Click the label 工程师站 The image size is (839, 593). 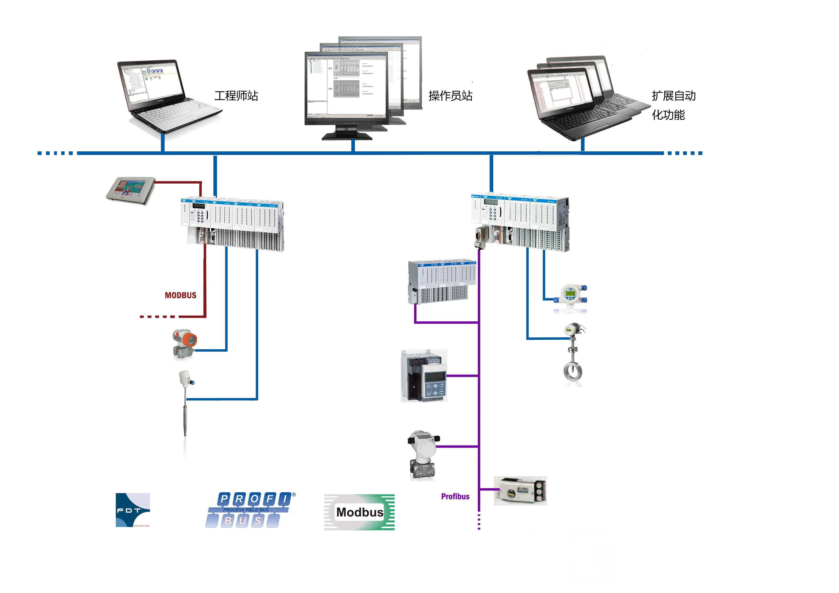[236, 96]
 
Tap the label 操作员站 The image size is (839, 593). [450, 96]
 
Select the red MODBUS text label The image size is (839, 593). [181, 295]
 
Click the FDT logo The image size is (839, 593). [133, 510]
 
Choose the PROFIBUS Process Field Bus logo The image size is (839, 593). [250, 510]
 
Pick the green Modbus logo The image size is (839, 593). [359, 512]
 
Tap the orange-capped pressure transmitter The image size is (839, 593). [185, 343]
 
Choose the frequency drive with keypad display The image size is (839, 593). [424, 376]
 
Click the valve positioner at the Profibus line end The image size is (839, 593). [520, 491]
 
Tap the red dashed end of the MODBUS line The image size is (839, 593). [157, 316]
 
